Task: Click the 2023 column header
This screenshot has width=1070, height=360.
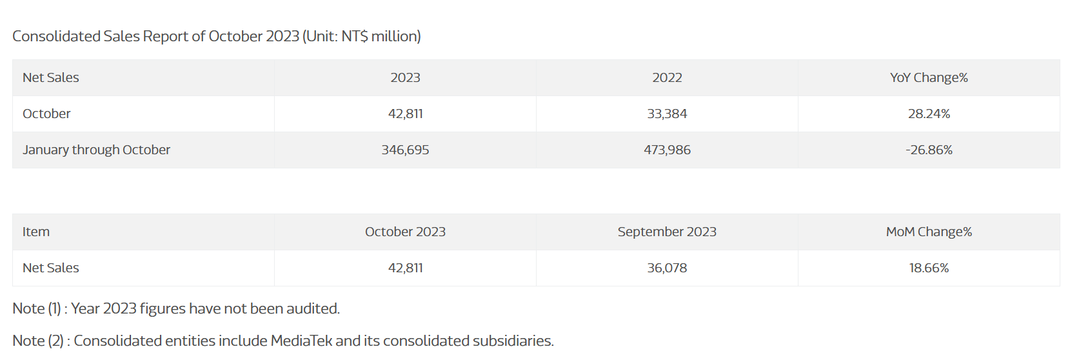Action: [x=405, y=77]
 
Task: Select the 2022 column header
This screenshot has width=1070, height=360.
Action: [x=667, y=77]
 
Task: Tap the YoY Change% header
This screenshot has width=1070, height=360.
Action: [x=929, y=77]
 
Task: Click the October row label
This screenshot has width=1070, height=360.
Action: [x=46, y=114]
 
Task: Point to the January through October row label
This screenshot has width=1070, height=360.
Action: [x=96, y=150]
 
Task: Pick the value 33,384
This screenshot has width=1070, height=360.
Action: [x=667, y=114]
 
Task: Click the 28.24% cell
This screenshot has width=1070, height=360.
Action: [x=929, y=114]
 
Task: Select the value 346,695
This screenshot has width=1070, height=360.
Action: [x=405, y=150]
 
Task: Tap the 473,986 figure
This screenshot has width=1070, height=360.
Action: [x=667, y=150]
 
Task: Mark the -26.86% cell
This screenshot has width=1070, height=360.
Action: [x=929, y=150]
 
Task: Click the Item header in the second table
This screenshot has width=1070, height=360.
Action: [x=36, y=232]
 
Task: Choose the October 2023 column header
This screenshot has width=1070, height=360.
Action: [x=405, y=232]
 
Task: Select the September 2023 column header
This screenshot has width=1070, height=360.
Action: [x=667, y=232]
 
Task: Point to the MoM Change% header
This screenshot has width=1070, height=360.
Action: [x=929, y=232]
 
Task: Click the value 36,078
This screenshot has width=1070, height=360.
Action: [x=667, y=268]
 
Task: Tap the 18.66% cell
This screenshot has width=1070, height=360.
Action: [x=929, y=268]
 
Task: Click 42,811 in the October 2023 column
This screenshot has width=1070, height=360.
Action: [x=405, y=268]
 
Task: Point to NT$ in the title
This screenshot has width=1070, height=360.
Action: [x=355, y=36]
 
